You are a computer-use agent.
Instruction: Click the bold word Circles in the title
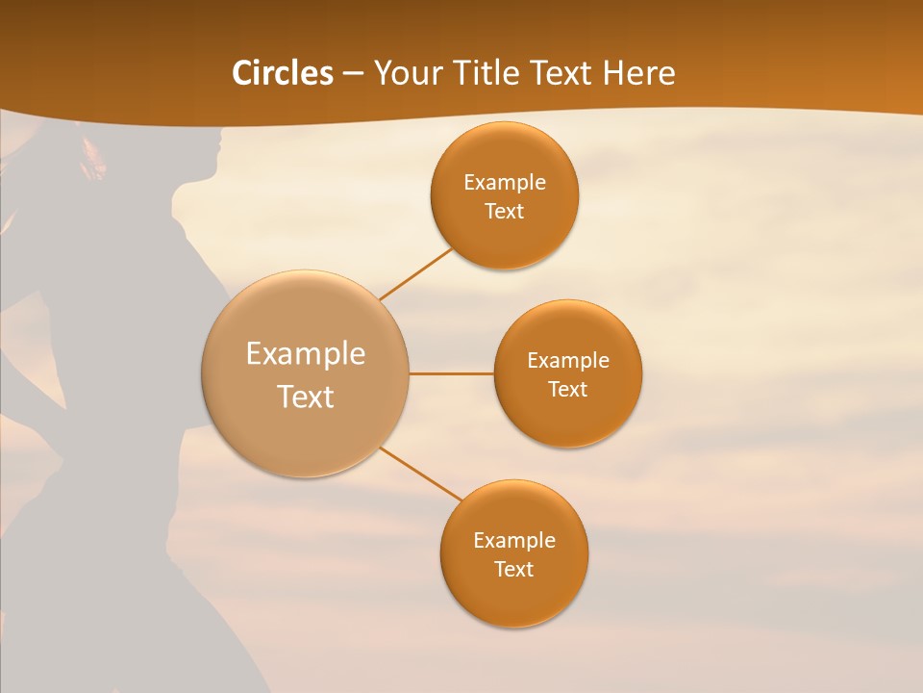point(282,73)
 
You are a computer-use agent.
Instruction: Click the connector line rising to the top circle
point(415,274)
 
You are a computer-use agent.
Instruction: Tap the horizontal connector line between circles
point(451,373)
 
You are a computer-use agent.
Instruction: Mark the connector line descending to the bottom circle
point(420,473)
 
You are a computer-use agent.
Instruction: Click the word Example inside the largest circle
point(306,354)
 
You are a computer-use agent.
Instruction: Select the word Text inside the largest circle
point(306,397)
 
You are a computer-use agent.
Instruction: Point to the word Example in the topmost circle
point(504,183)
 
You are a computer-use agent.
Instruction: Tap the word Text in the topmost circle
point(504,212)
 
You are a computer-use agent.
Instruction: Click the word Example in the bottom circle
point(513,541)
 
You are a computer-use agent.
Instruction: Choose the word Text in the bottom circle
point(513,570)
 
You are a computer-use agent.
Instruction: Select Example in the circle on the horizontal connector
point(567,361)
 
